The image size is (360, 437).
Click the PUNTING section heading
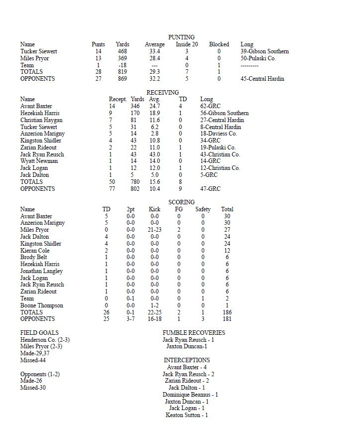[181, 37]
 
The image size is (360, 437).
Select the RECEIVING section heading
[162, 93]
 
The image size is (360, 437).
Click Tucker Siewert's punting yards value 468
[122, 51]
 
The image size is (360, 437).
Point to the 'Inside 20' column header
[187, 44]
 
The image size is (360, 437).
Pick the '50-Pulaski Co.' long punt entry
[258, 58]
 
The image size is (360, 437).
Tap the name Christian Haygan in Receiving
[42, 120]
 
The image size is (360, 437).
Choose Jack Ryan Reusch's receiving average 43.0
[155, 154]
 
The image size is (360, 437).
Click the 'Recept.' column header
[118, 100]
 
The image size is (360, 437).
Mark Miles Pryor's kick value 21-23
[154, 230]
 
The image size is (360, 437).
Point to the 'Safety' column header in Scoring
[203, 209]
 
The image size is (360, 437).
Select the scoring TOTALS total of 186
[227, 312]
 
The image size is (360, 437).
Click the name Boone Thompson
[41, 305]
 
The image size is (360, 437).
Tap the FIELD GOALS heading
[39, 333]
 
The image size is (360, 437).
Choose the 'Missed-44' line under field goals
[33, 360]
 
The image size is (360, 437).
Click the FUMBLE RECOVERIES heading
[194, 333]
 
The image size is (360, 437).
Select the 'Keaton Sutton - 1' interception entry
[187, 415]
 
